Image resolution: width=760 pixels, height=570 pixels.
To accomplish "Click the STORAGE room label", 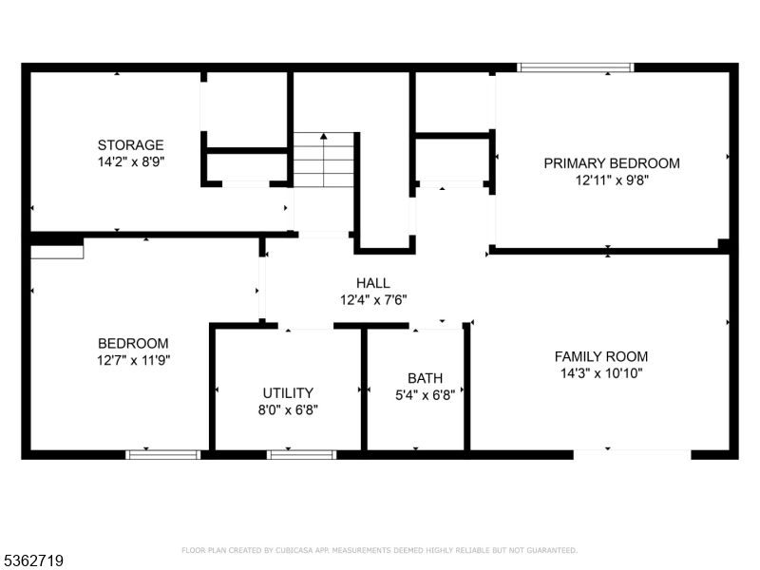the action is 131,145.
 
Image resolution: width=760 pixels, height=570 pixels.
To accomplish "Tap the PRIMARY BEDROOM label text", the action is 612,163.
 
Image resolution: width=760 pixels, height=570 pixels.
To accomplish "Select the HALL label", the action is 373,283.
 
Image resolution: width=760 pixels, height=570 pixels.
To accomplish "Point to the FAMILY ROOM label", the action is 601,357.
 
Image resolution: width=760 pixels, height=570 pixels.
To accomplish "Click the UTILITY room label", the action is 288,393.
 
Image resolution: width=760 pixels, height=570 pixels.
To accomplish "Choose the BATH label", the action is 425,378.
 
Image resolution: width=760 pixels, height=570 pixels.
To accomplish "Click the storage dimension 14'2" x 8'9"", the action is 131,161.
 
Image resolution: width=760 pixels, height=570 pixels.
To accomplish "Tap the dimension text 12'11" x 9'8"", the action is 612,180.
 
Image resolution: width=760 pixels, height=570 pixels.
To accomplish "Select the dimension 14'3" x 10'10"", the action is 601,373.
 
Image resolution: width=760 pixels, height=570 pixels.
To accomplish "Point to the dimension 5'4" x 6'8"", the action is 425,395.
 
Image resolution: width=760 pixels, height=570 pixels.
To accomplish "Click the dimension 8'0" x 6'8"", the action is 288,410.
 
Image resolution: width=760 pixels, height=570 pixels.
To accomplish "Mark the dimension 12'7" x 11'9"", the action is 133,361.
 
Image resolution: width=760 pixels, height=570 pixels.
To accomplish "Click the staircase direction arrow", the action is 323,160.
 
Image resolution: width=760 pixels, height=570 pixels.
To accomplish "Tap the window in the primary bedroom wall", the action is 576,67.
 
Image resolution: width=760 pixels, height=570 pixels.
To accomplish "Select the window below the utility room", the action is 301,455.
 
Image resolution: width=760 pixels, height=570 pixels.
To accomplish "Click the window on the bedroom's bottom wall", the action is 162,455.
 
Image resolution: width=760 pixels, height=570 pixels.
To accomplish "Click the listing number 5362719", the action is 32,560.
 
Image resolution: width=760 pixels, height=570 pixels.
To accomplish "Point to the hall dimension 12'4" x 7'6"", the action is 373,300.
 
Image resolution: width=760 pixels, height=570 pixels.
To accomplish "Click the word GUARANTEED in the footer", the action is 551,550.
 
